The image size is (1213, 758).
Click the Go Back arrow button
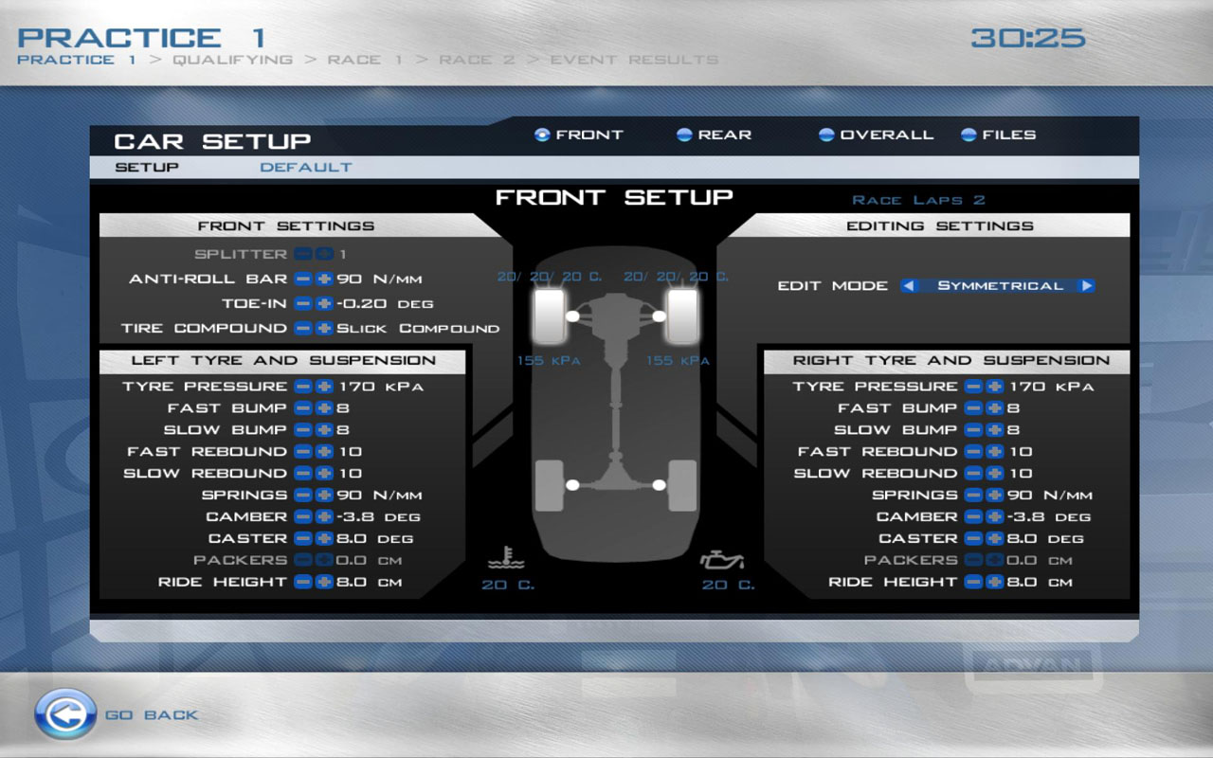point(65,714)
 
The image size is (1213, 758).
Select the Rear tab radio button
point(684,135)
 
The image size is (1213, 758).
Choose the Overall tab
point(877,135)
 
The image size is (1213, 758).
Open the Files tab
point(998,135)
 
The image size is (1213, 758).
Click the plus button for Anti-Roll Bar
point(324,279)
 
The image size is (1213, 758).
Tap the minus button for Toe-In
point(303,303)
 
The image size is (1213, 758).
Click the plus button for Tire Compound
point(324,328)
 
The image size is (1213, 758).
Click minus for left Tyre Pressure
point(303,386)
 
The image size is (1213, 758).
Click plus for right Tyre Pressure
point(995,386)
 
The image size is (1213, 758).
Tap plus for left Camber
point(324,516)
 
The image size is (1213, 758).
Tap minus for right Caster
point(973,538)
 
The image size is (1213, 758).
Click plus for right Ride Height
point(995,582)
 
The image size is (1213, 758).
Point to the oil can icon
point(722,560)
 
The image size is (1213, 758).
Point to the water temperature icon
point(506,558)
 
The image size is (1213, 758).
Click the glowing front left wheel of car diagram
point(550,316)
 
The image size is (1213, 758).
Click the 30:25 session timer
point(1028,38)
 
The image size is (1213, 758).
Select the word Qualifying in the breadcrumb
point(233,60)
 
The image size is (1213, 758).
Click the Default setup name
point(306,168)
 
